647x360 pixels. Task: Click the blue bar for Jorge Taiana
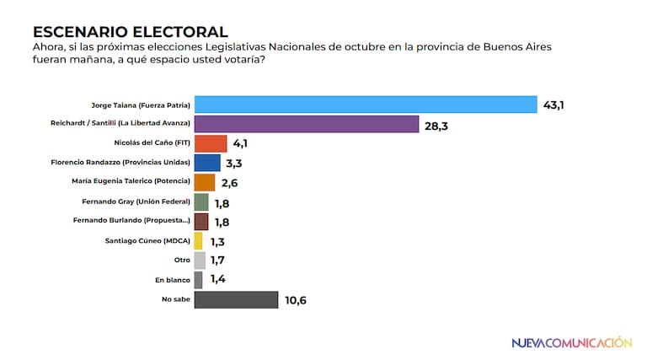(366, 105)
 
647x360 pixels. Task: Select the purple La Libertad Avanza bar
(307, 124)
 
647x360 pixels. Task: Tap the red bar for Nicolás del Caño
(211, 143)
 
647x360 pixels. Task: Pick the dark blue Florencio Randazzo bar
(207, 163)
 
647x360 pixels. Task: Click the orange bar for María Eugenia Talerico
(205, 182)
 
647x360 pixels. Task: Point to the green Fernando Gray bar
(201, 202)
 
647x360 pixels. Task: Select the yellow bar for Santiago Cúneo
(199, 241)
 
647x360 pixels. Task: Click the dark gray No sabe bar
(236, 299)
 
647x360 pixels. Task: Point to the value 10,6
(296, 300)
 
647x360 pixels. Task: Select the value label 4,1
(241, 144)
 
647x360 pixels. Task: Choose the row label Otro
(183, 261)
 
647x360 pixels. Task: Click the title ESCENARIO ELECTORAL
(130, 32)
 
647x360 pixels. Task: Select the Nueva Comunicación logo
(572, 343)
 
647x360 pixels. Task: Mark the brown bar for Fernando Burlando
(201, 222)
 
